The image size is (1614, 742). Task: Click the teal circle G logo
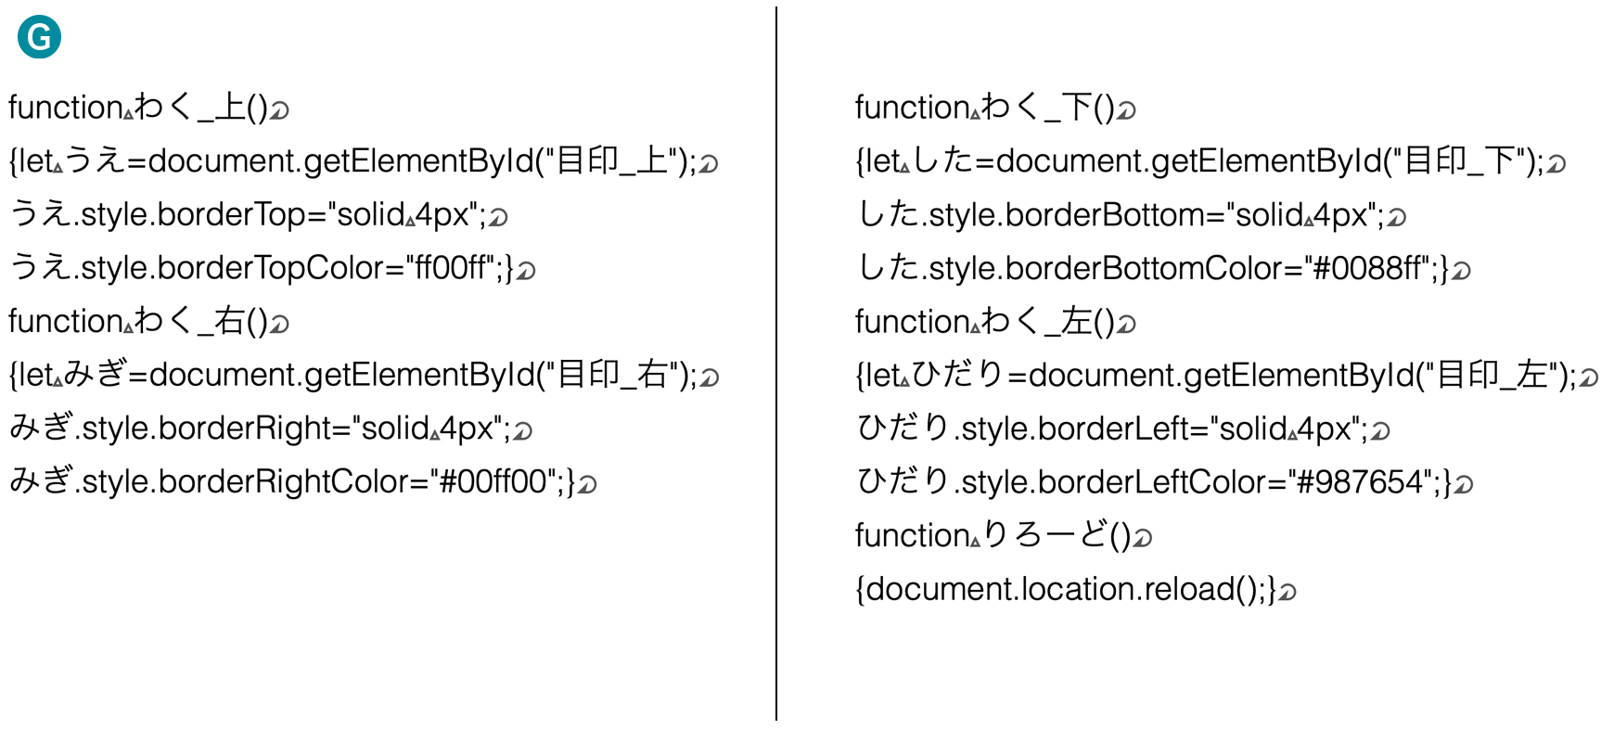[x=39, y=37]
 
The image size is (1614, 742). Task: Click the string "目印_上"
[x=612, y=161]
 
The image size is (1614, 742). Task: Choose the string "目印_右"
[x=612, y=375]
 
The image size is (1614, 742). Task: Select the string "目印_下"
[x=1460, y=161]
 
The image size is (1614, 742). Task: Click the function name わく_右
[x=189, y=321]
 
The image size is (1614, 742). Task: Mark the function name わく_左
[x=1037, y=322]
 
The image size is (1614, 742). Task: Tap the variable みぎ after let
[x=96, y=374]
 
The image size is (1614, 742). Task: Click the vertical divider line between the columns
[x=776, y=364]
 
